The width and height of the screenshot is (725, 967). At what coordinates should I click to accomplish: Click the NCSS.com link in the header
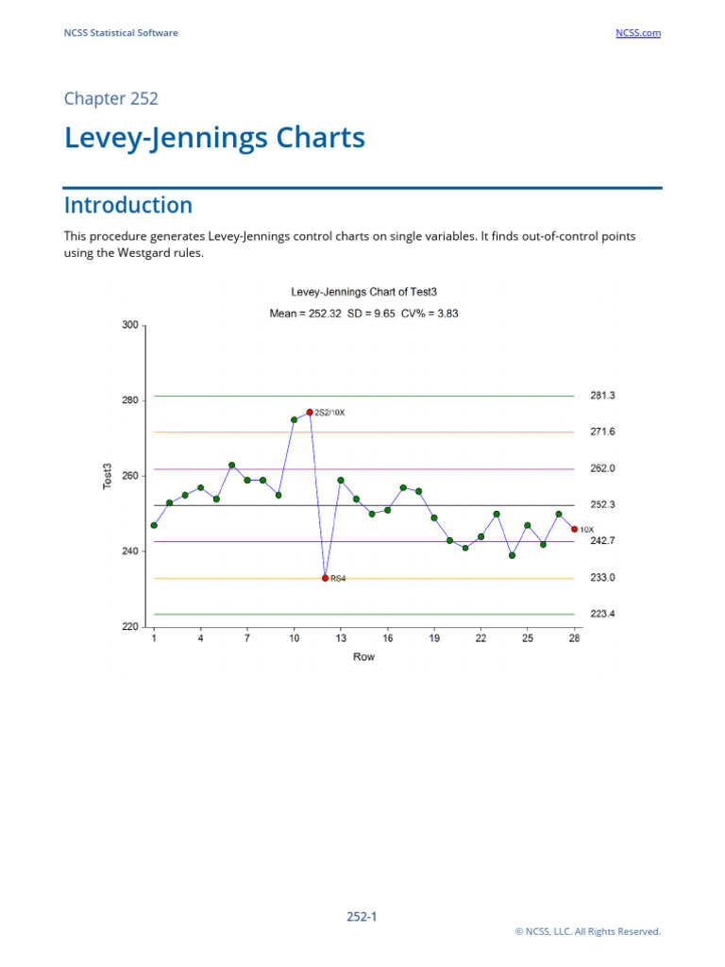pyautogui.click(x=637, y=33)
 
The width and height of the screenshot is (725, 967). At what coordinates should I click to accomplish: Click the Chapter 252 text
pyautogui.click(x=110, y=98)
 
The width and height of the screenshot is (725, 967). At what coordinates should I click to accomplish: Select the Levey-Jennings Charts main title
pyautogui.click(x=214, y=138)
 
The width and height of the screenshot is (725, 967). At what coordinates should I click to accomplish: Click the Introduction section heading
pyautogui.click(x=128, y=205)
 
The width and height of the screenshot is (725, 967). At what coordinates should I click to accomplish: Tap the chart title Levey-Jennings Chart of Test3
pyautogui.click(x=363, y=294)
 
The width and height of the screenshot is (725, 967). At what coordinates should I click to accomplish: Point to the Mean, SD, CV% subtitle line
pyautogui.click(x=363, y=314)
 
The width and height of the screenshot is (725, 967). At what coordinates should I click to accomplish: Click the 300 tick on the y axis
pyautogui.click(x=129, y=326)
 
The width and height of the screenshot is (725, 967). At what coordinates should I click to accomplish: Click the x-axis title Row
pyautogui.click(x=363, y=656)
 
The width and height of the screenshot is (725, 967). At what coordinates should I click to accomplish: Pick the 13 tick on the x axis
pyautogui.click(x=341, y=639)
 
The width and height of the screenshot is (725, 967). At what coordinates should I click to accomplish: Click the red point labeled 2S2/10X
pyautogui.click(x=310, y=412)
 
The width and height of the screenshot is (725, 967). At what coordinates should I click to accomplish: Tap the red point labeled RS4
pyautogui.click(x=325, y=578)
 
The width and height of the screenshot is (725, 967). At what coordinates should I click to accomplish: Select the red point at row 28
pyautogui.click(x=574, y=529)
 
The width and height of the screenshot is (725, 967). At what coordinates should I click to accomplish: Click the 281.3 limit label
pyautogui.click(x=602, y=396)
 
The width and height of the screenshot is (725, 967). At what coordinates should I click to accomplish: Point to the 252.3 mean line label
pyautogui.click(x=602, y=505)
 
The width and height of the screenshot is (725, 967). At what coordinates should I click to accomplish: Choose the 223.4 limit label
pyautogui.click(x=602, y=614)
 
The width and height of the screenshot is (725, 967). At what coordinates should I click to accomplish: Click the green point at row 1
pyautogui.click(x=154, y=525)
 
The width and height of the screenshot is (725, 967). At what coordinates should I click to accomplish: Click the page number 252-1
pyautogui.click(x=362, y=916)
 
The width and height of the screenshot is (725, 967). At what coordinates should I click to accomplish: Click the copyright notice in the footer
pyautogui.click(x=587, y=931)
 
